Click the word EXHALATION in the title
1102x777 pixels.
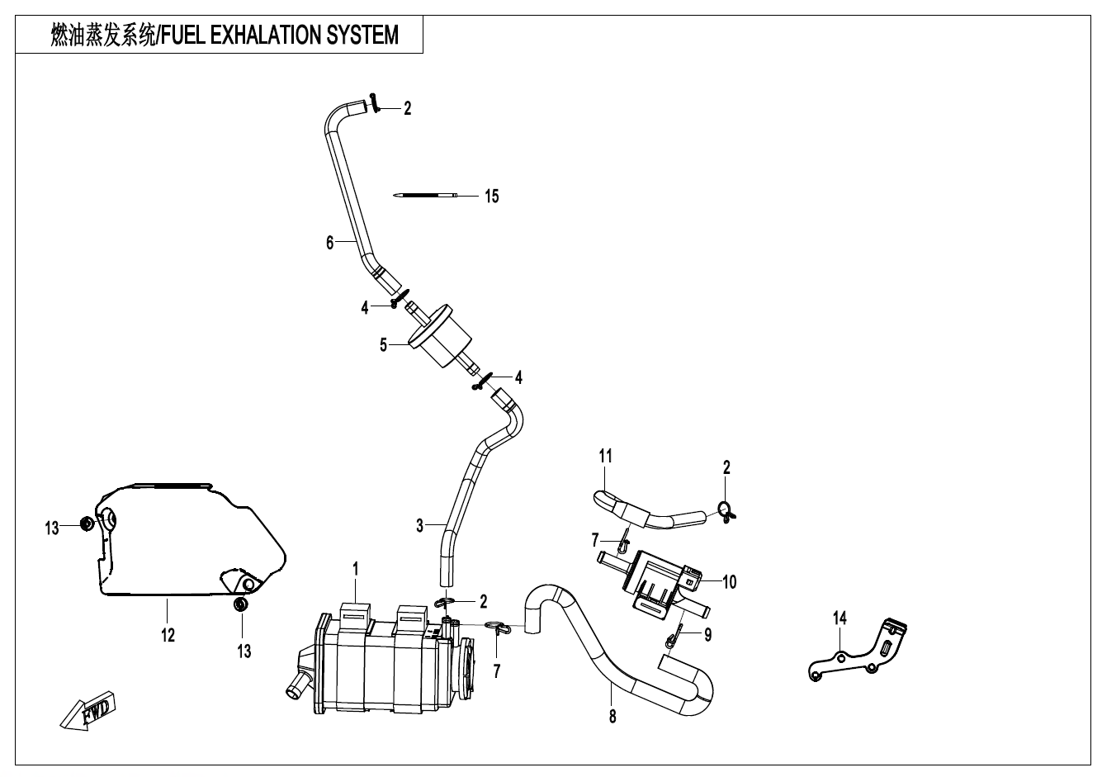[x=267, y=35]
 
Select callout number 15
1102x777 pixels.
[x=491, y=197]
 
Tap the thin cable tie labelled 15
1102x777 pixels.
[x=426, y=196]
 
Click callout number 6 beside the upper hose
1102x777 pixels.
[x=329, y=242]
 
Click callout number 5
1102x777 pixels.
[x=383, y=345]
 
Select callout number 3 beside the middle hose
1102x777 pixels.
[x=419, y=525]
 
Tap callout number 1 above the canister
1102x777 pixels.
[x=355, y=570]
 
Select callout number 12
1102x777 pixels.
[x=168, y=635]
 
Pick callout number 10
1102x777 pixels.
[x=729, y=582]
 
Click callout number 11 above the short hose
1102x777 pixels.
[x=606, y=456]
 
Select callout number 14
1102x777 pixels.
[x=840, y=618]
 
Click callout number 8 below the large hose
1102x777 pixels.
[x=612, y=717]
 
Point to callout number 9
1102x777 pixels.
[x=708, y=635]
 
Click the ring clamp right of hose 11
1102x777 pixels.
[x=726, y=511]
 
